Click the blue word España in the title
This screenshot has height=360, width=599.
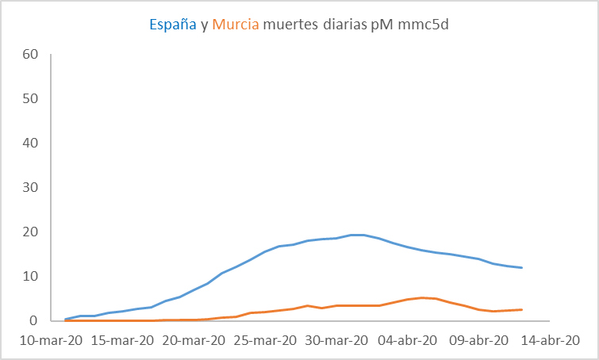tap(173, 25)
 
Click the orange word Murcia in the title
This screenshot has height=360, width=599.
tap(236, 25)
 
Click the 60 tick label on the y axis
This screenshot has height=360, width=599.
tap(31, 55)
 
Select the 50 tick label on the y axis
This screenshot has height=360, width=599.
tap(31, 99)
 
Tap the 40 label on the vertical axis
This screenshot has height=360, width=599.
tap(31, 144)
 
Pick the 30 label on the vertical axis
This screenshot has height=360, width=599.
tap(31, 188)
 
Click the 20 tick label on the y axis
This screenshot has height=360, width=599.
tap(31, 232)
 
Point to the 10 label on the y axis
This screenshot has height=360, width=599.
tap(31, 277)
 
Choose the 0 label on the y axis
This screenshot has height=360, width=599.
tap(35, 321)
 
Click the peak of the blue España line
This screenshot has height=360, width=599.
tap(357, 235)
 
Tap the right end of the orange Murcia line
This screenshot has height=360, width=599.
tap(521, 309)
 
